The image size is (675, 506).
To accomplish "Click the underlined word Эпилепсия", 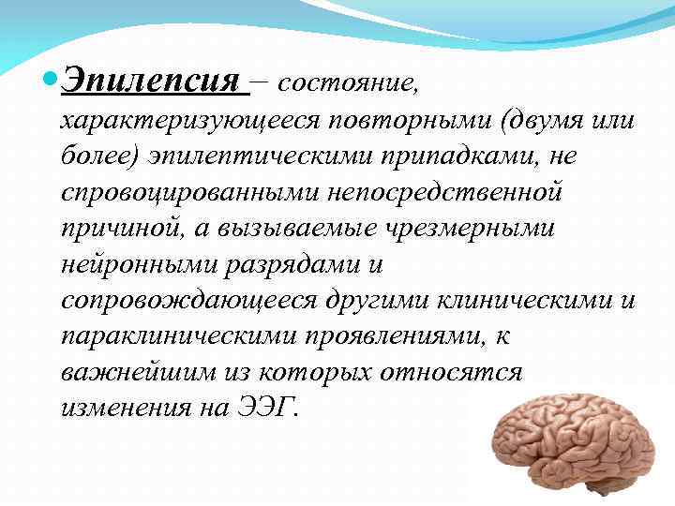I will (150, 80).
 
